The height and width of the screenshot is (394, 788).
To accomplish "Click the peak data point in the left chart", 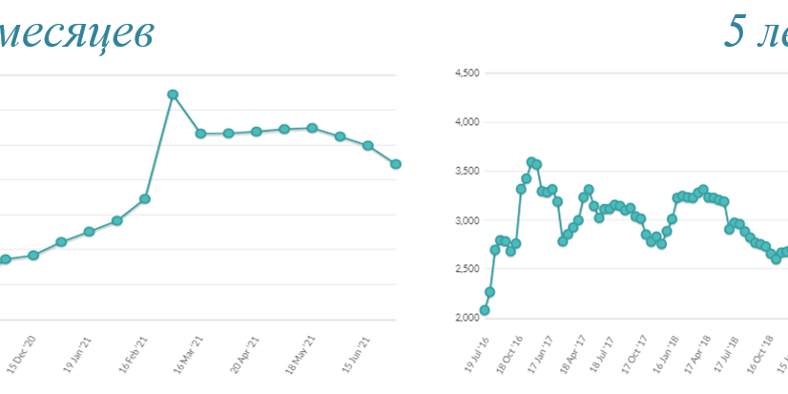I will pos(173,94).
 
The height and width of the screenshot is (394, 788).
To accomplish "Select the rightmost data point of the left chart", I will pos(396,164).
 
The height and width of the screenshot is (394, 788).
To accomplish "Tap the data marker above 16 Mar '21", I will pos(200,134).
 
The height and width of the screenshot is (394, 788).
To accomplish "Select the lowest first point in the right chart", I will pos(485,310).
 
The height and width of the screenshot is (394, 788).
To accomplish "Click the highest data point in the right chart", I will pos(531,162).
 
